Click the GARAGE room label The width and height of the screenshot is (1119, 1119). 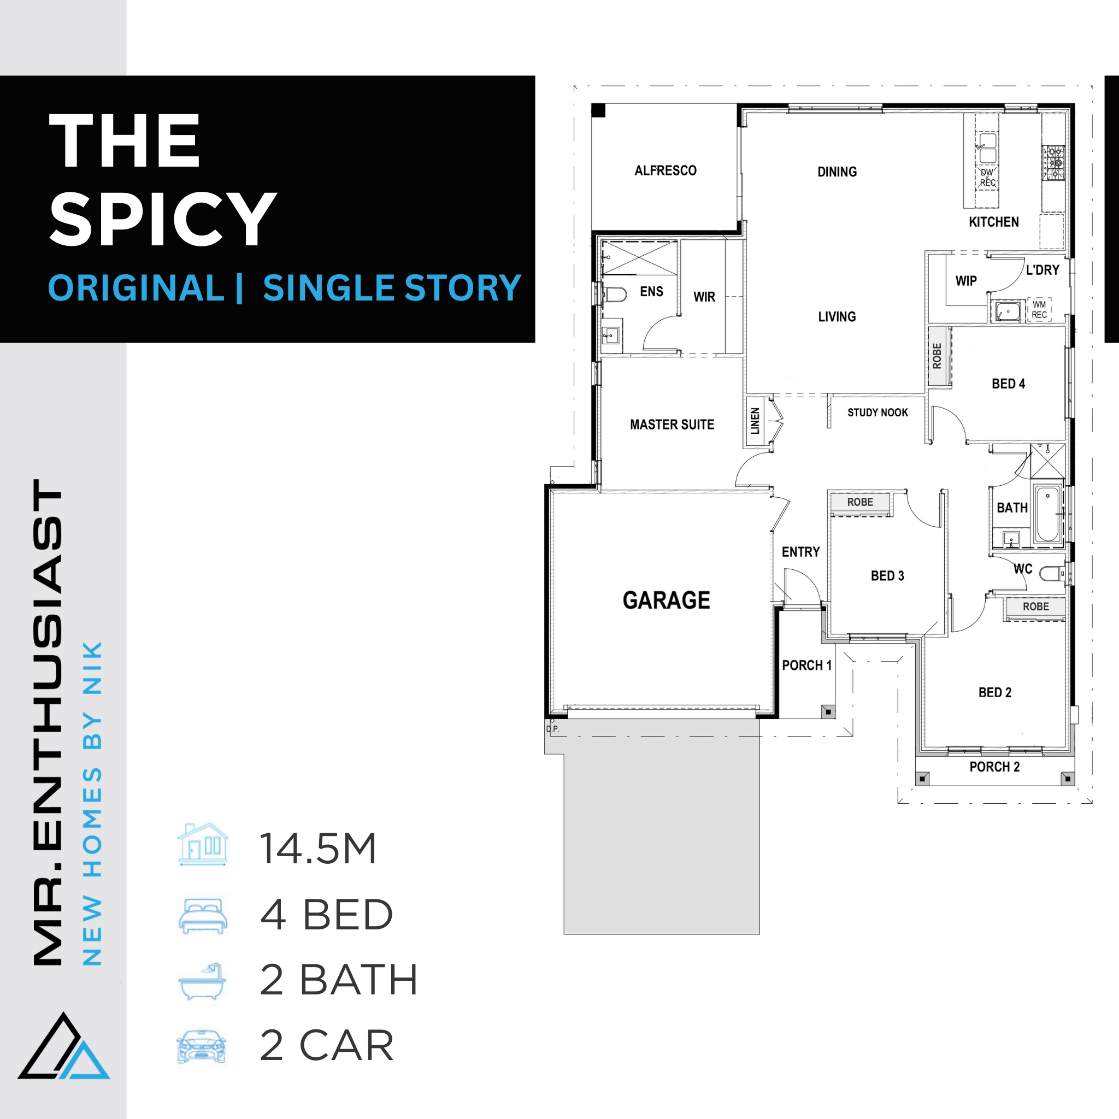(666, 600)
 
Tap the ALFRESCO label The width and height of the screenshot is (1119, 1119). (665, 170)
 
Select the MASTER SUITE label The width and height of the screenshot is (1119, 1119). (672, 425)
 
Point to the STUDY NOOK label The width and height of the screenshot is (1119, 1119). (877, 413)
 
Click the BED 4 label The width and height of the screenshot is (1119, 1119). (1009, 384)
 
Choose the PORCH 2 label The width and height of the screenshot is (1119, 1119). (994, 767)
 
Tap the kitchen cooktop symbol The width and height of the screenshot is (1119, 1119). (1053, 163)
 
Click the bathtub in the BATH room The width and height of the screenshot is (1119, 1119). (1048, 514)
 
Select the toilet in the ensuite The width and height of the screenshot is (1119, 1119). (615, 295)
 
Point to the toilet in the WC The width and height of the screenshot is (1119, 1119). (1052, 573)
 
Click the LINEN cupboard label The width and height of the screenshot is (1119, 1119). (755, 421)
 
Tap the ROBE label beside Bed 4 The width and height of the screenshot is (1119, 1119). (937, 356)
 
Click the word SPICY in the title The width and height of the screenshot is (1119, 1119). (163, 219)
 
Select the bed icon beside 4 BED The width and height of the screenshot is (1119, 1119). (203, 916)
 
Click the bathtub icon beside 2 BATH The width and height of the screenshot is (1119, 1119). (202, 982)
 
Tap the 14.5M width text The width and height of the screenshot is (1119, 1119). (318, 849)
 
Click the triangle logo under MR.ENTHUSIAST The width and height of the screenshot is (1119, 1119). (64, 1046)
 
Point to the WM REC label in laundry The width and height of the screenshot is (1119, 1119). (1039, 310)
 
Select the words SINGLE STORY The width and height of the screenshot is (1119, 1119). (392, 288)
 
